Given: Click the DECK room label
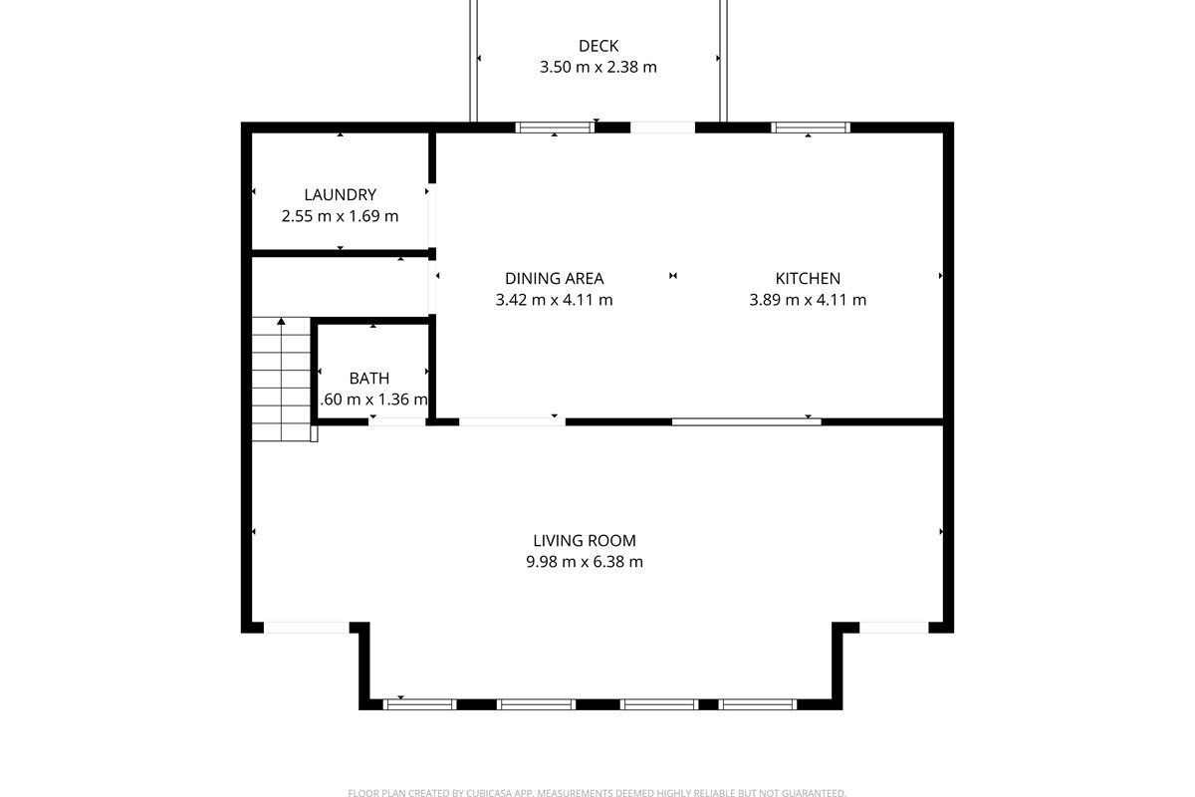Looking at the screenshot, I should pos(598,46).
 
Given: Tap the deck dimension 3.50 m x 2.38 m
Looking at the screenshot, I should pos(598,68).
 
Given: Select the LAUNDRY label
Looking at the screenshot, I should pos(341,195).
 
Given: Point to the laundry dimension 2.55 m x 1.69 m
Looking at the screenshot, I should pos(341,216).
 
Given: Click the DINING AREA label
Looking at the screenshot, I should pos(554,279).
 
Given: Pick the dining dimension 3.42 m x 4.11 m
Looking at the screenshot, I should pos(554,300).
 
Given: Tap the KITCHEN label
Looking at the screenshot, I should pos(808,279).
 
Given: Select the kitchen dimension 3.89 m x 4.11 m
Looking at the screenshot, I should pos(808,300).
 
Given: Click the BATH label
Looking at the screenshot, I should pos(369,379).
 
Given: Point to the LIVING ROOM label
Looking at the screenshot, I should pos(585,541).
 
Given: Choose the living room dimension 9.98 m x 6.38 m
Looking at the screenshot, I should pos(585,562).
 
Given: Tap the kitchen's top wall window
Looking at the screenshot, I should pos(811,128).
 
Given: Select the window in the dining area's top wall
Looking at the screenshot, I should pos(556,128).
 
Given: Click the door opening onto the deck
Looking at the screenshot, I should pos(662,128).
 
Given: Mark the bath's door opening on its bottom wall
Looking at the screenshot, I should pos(397,422).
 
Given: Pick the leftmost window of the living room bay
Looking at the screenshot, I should pos(420,704).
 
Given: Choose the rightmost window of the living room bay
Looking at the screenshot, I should pos(758,704).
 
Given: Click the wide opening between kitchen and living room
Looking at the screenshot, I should pos(746,422).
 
